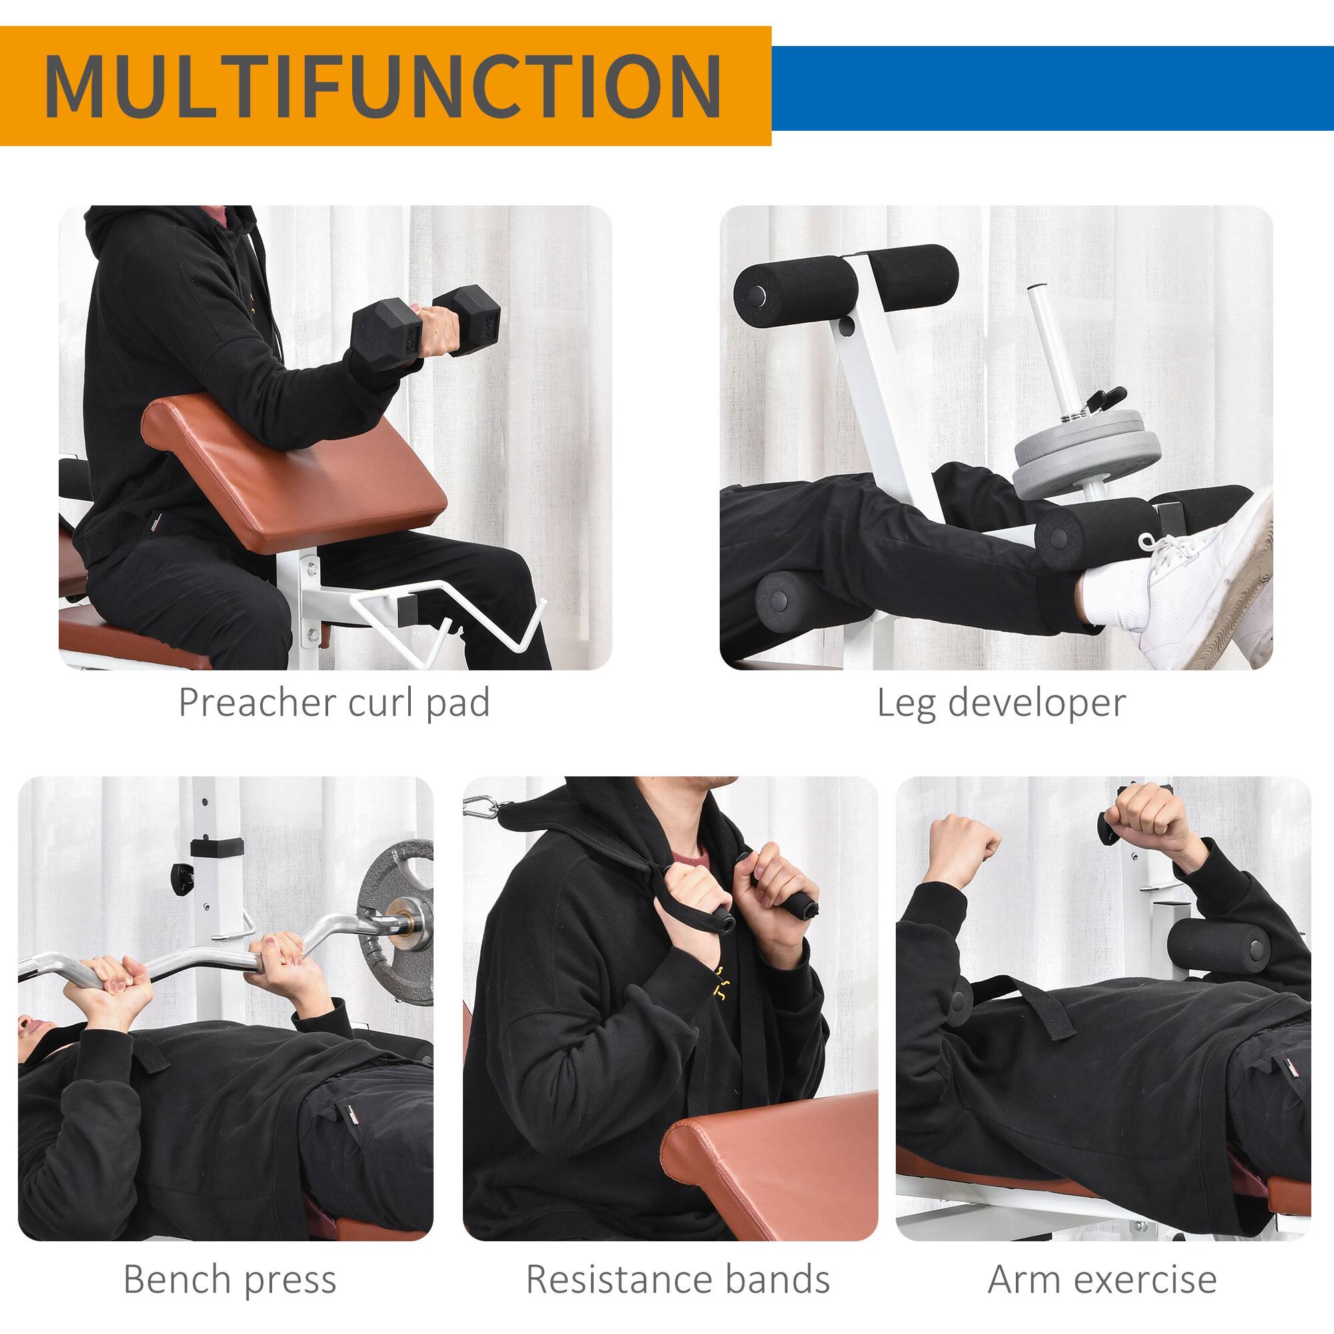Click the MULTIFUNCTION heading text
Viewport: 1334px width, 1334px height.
click(x=384, y=87)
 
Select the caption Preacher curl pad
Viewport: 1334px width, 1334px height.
click(x=334, y=703)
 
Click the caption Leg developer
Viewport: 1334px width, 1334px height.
click(x=1001, y=703)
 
